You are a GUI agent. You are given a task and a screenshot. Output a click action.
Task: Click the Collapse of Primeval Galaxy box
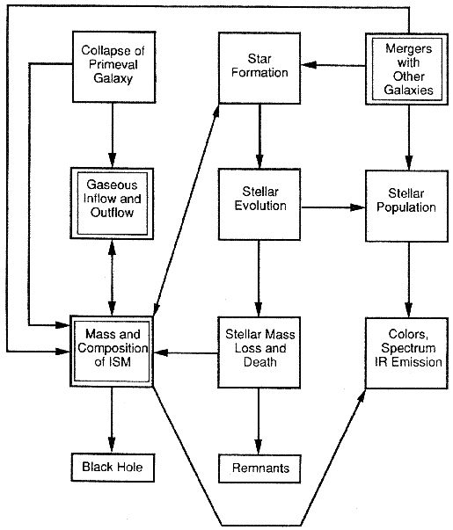point(114,67)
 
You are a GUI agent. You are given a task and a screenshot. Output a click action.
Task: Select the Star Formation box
point(259,68)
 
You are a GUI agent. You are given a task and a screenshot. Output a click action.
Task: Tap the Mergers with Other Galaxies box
point(407,69)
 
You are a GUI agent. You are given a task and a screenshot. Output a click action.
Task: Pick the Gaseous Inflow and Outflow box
point(112,204)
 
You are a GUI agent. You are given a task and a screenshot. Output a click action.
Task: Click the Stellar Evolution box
point(259,205)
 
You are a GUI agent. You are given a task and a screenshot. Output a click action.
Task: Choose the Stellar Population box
point(407,206)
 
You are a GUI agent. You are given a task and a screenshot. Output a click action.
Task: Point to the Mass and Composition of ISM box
point(112,351)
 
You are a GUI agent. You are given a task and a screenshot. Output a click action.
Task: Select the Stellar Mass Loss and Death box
point(259,352)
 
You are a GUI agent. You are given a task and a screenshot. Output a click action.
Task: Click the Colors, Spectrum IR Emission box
point(407,352)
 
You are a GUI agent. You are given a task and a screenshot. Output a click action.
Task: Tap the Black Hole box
point(113,468)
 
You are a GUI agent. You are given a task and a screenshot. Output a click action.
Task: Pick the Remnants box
point(259,468)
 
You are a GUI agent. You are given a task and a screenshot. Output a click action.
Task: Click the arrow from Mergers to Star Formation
point(332,65)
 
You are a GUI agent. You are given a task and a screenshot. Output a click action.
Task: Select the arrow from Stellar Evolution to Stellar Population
point(332,207)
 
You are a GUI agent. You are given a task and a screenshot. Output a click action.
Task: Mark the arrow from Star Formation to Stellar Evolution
point(259,136)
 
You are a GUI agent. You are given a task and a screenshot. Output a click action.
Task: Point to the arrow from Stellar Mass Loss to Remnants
point(259,422)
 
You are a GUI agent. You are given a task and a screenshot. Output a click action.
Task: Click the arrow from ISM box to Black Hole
point(112,420)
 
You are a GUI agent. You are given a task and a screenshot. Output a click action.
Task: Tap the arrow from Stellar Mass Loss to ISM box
point(186,352)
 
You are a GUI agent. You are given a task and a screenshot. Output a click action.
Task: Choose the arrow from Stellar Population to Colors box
point(408,280)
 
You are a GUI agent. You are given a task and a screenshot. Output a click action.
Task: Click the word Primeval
point(113,64)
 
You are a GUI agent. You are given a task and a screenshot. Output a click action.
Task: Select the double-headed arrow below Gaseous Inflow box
point(112,278)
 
